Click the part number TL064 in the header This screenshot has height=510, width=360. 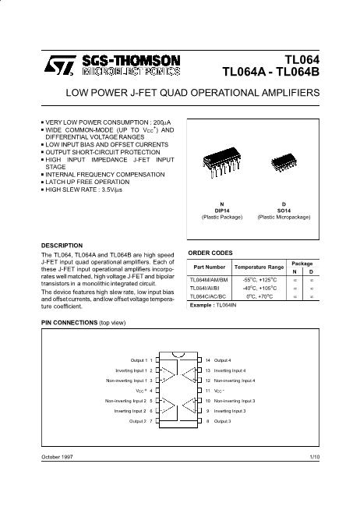(x=303, y=59)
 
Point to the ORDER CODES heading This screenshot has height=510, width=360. (x=211, y=253)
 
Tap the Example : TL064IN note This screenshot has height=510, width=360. (x=214, y=306)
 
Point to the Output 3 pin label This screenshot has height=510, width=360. (x=223, y=421)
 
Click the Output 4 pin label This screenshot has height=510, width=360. (x=223, y=360)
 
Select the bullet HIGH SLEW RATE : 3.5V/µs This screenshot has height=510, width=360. (x=83, y=189)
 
